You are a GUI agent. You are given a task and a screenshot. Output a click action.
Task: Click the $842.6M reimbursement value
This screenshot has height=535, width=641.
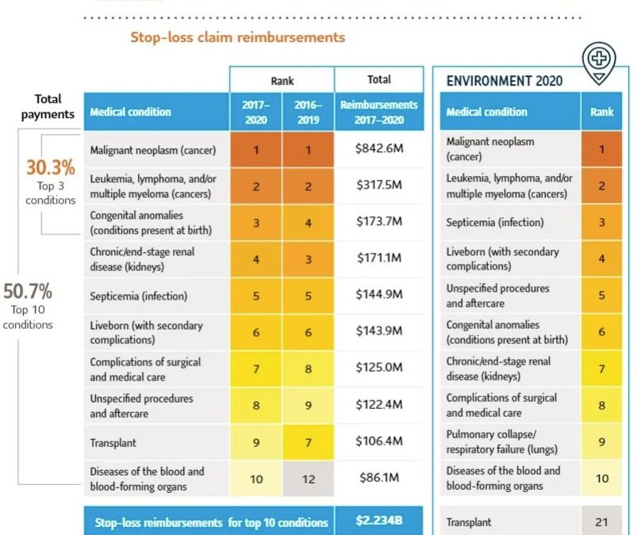pos(379,148)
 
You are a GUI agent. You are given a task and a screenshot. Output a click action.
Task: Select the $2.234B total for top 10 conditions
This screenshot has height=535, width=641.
pos(379,522)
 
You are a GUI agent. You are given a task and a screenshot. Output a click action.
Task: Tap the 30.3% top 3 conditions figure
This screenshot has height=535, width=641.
pos(51,168)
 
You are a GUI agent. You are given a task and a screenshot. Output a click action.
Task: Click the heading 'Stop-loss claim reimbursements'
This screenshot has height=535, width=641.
pos(237,37)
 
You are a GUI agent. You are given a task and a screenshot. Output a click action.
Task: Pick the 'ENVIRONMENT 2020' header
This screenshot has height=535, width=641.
pos(505,81)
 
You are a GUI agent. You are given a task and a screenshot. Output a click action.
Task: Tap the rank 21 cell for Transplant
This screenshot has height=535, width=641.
pos(601,522)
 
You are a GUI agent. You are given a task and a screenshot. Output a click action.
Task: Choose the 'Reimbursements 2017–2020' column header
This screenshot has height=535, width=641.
pos(379,112)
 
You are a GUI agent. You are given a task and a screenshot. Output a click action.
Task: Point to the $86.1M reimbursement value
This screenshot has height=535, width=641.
pos(379,478)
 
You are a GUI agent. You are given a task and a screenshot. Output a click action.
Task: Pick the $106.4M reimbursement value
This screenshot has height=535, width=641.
pos(379,441)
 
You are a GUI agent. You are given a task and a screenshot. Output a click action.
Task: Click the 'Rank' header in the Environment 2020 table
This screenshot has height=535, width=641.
pos(601,112)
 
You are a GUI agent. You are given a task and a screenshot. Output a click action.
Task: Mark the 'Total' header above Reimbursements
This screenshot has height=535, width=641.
pos(379,80)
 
